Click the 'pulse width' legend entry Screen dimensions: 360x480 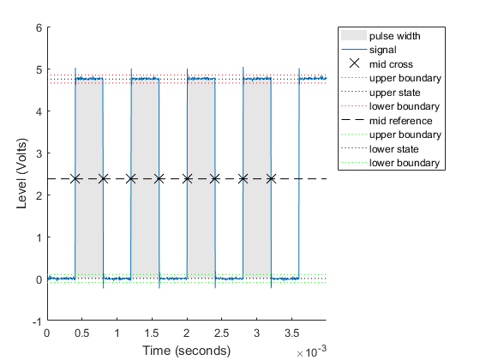coord(394,36)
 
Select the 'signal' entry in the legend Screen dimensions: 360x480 coord(387,50)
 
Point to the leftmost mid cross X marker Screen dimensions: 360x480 coord(75,178)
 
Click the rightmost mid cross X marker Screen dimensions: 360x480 coord(271,178)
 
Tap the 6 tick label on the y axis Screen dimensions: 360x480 coord(39,27)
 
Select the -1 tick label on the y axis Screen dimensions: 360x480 coord(37,321)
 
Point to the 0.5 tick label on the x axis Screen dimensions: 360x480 coord(81,333)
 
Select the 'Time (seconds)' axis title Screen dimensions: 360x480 coord(186,350)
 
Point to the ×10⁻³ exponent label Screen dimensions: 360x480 coord(311,352)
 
